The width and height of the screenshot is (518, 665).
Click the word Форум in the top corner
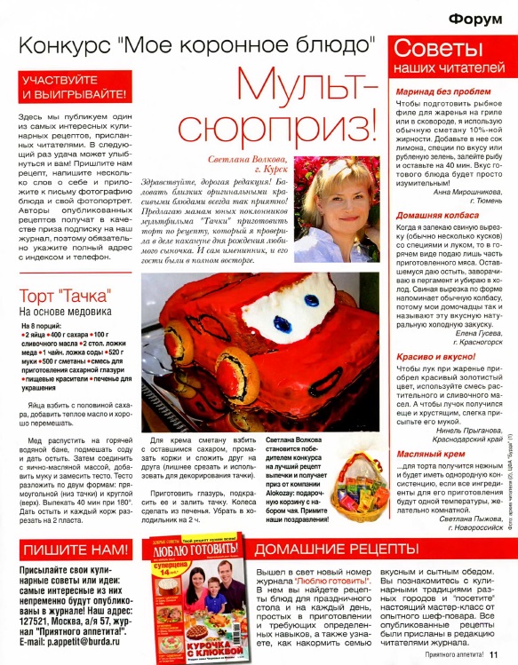478,19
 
